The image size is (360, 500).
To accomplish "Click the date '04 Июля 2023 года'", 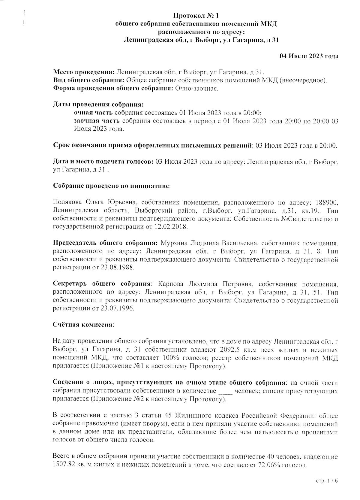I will click(x=309, y=56).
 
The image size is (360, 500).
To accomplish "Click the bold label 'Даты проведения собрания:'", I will click(x=98, y=105).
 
